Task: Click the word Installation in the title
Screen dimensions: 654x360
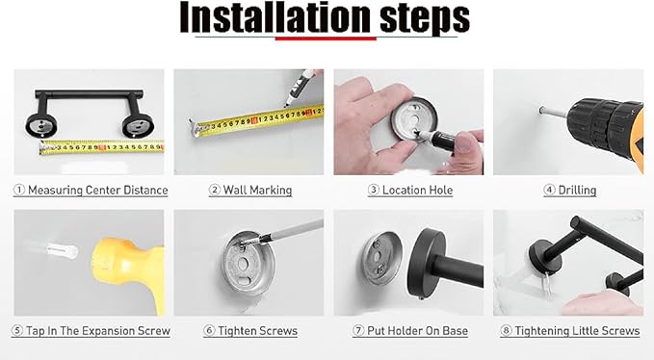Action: [x=275, y=17]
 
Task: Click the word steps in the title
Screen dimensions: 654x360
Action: [x=425, y=19]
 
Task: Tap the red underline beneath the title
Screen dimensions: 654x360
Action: [x=326, y=39]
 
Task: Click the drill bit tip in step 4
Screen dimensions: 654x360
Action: [x=541, y=110]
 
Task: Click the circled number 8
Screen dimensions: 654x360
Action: [x=506, y=331]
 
